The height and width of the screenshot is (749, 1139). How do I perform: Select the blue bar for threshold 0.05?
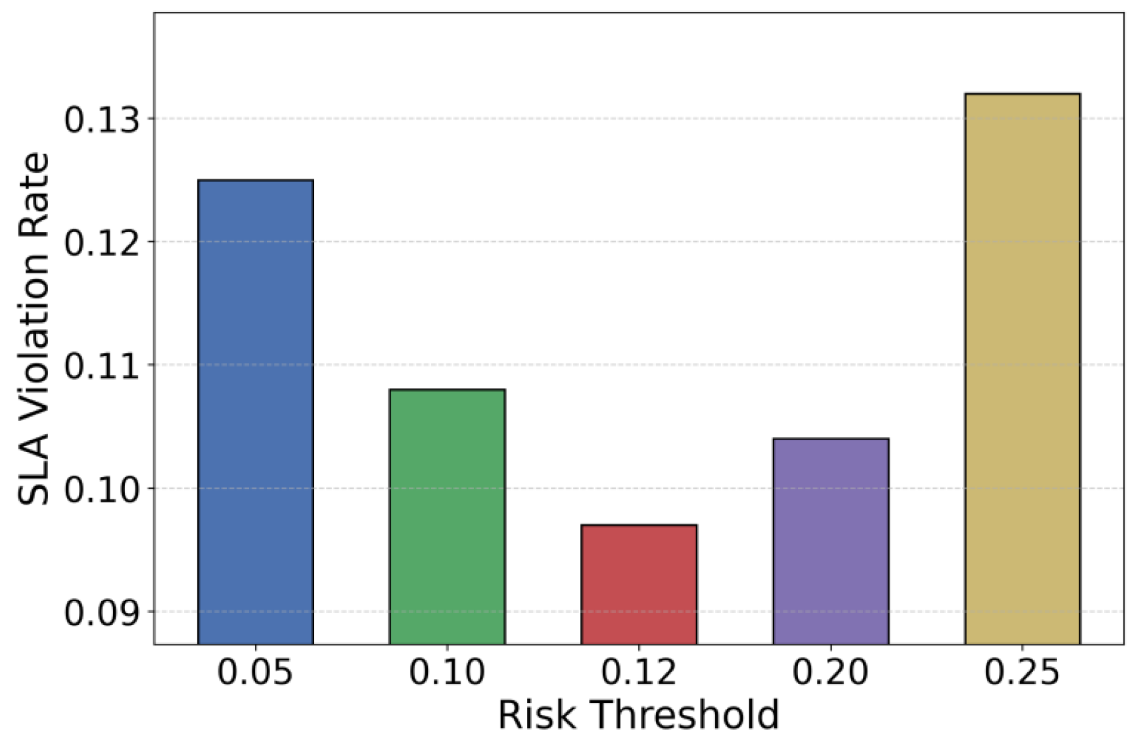pyautogui.click(x=256, y=411)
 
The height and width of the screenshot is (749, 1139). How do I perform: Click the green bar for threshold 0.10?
pyautogui.click(x=447, y=516)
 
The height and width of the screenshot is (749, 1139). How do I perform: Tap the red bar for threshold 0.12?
pyautogui.click(x=639, y=584)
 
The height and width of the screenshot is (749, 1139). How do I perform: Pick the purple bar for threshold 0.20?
pyautogui.click(x=831, y=541)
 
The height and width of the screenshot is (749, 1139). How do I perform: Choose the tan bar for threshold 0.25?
pyautogui.click(x=1022, y=368)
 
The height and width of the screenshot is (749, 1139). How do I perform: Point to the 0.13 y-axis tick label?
pyautogui.click(x=102, y=120)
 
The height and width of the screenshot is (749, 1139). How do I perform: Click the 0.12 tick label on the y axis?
pyautogui.click(x=102, y=243)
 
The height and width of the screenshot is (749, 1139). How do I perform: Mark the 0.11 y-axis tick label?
pyautogui.click(x=102, y=366)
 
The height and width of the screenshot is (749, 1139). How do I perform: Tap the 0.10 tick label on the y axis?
pyautogui.click(x=102, y=489)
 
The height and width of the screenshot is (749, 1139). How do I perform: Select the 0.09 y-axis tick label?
pyautogui.click(x=102, y=612)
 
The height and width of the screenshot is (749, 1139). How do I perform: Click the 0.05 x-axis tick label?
pyautogui.click(x=255, y=672)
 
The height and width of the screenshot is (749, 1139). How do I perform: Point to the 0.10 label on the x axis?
pyautogui.click(x=447, y=672)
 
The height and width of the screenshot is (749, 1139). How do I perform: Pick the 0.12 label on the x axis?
pyautogui.click(x=639, y=672)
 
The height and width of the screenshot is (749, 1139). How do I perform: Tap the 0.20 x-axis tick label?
pyautogui.click(x=831, y=672)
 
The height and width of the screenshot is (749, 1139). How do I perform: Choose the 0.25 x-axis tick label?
pyautogui.click(x=1022, y=672)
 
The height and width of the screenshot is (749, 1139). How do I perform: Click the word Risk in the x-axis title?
pyautogui.click(x=535, y=715)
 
